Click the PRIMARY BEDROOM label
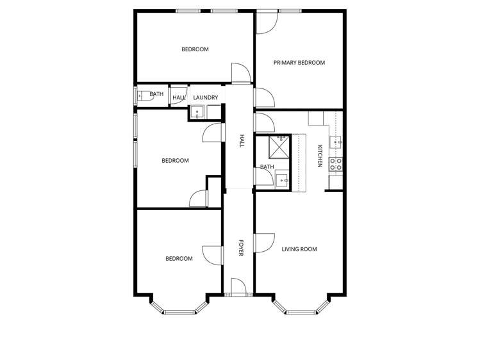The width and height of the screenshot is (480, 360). click(299, 63)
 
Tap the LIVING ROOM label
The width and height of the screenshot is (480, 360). click(299, 249)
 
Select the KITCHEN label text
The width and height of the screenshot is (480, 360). click(320, 157)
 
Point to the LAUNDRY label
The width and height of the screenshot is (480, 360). click(206, 97)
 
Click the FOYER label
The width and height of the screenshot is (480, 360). click(241, 248)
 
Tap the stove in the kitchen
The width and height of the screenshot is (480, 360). click(336, 164)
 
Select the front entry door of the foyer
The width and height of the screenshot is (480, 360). click(238, 288)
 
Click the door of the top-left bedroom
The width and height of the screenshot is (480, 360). click(239, 73)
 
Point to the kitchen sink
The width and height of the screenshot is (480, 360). click(335, 141)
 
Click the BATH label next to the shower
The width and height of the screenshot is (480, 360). click(267, 167)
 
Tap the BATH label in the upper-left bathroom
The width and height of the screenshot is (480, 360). click(156, 94)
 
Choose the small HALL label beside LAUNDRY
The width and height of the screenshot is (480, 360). click(179, 97)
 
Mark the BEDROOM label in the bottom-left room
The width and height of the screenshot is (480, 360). click(179, 259)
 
